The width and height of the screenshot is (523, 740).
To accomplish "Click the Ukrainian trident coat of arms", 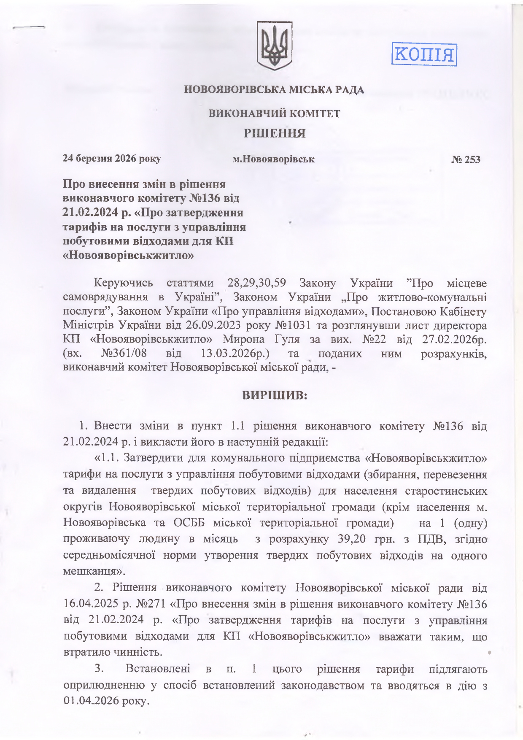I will (275, 46).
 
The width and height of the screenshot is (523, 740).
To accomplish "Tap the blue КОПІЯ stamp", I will (424, 54).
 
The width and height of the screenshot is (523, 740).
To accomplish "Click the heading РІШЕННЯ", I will (274, 133).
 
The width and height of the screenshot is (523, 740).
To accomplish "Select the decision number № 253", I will (466, 159).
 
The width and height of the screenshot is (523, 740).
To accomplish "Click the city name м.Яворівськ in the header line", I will (274, 159).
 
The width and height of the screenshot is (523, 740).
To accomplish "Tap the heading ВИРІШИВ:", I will (275, 396).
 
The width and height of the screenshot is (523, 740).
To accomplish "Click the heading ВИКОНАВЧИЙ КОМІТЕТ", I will (275, 113).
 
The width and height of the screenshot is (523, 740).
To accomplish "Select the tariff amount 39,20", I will (352, 539).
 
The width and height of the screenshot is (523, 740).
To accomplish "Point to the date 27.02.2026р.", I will (454, 339).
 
